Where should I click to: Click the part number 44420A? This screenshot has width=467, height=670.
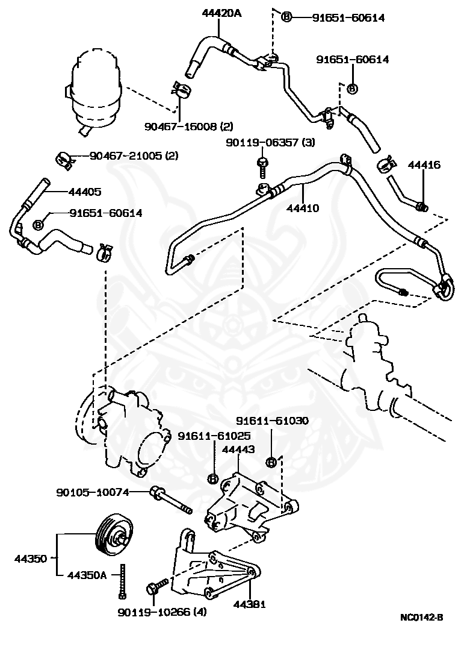click(x=221, y=13)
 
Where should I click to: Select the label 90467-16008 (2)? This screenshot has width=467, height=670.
click(x=188, y=127)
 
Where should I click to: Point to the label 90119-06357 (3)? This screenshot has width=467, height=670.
click(x=270, y=142)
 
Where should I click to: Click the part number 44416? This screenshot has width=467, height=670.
click(x=424, y=164)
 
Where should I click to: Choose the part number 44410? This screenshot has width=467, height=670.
click(x=302, y=208)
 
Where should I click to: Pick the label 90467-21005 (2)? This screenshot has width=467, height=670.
click(x=134, y=155)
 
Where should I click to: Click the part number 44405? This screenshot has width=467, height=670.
click(x=85, y=192)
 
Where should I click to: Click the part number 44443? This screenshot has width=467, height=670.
click(x=238, y=449)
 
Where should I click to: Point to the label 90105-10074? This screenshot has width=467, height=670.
click(x=93, y=492)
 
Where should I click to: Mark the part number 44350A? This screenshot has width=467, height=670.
click(x=87, y=575)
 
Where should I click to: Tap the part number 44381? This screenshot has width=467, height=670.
click(x=249, y=604)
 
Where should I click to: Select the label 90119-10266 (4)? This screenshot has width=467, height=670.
click(x=162, y=612)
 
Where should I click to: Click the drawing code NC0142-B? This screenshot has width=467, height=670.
click(x=422, y=617)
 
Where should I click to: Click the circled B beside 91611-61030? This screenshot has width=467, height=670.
click(x=271, y=462)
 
